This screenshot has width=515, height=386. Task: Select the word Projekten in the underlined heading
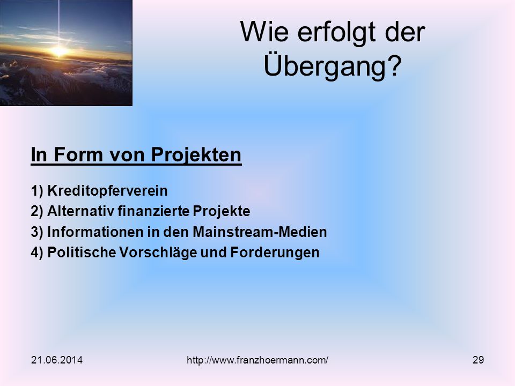[196, 154]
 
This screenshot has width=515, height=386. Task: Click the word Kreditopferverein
[107, 191]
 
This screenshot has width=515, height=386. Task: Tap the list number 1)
[37, 191]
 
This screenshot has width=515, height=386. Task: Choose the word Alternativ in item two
[81, 211]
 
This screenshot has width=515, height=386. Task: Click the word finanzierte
[153, 211]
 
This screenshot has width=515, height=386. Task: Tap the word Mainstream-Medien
[260, 232]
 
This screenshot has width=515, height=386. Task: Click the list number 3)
[37, 232]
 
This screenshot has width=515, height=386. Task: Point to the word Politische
[82, 253]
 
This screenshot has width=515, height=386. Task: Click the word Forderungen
[275, 253]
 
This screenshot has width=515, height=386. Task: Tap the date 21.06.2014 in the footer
[57, 360]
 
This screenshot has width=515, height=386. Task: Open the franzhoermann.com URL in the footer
[257, 360]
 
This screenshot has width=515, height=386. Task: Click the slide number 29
[478, 360]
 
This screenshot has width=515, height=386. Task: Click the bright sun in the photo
[59, 51]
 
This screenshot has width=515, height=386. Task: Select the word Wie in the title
[264, 32]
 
